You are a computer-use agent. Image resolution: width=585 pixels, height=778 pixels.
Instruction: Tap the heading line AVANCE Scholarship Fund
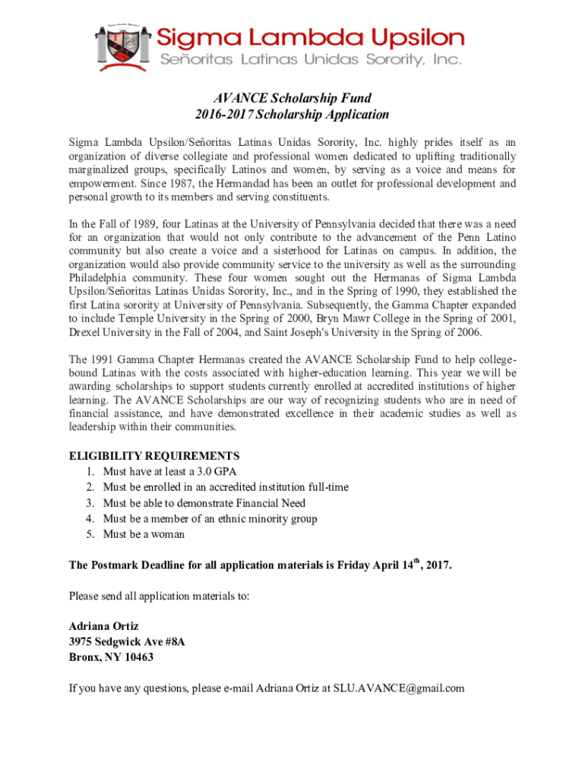[292, 98]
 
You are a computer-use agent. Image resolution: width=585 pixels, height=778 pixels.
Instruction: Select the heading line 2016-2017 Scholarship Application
[292, 115]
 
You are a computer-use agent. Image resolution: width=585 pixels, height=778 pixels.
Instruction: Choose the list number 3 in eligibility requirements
[90, 503]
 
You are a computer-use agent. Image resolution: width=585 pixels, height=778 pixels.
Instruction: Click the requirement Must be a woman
[144, 535]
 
